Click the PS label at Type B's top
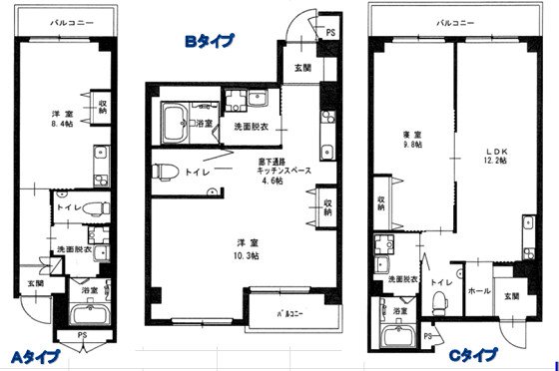coord(331,33)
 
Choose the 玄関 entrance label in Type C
coord(510,296)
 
